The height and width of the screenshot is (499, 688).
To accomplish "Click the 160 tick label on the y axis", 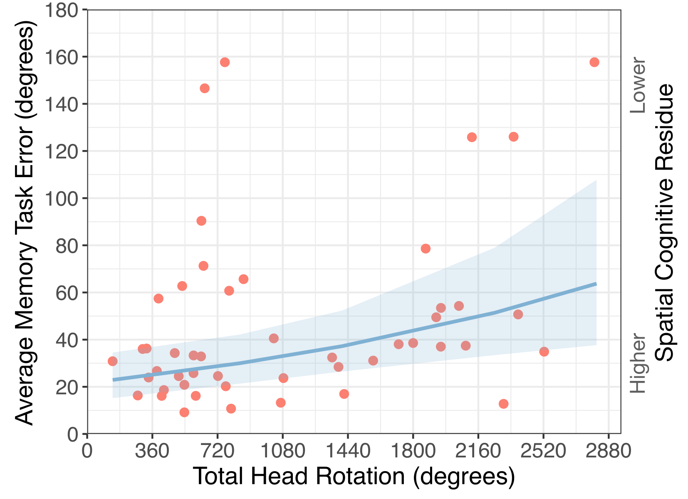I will (x=61, y=57).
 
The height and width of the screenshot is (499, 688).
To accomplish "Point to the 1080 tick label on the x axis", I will (x=282, y=451).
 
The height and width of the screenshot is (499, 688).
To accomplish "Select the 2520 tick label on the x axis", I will (x=543, y=451).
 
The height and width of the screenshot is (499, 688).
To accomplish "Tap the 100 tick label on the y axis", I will (x=61, y=198).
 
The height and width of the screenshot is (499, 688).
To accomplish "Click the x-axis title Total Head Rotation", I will (x=354, y=476).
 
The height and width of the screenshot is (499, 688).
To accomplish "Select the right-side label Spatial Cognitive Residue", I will (x=664, y=222).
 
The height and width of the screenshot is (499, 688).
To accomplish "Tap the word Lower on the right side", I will (x=638, y=86).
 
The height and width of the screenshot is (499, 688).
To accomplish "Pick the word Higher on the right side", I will (x=638, y=363).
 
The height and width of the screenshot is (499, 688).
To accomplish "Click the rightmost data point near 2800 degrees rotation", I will (x=594, y=62).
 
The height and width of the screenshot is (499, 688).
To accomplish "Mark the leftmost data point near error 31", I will (x=112, y=361).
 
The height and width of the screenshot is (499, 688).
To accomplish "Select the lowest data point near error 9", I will (x=184, y=412).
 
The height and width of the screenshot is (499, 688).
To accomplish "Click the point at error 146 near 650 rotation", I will (x=204, y=88).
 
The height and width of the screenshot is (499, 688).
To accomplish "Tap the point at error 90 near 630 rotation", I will (x=201, y=221).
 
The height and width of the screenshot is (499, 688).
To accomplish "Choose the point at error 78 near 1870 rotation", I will (x=425, y=249).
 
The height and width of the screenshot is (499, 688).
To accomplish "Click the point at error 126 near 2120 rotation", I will (x=472, y=137).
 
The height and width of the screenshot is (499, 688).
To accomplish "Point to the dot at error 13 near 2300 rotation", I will (x=503, y=404).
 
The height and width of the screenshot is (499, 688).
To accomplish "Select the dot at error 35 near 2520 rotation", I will (x=544, y=352).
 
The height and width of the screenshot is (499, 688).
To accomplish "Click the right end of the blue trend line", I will (x=596, y=284).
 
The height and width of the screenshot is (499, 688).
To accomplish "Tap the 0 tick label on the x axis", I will (x=87, y=451).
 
